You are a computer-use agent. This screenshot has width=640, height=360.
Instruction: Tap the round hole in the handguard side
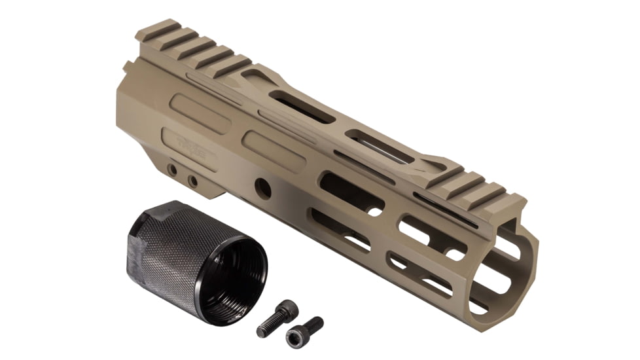263,187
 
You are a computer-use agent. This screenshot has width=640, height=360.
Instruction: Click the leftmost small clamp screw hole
172,170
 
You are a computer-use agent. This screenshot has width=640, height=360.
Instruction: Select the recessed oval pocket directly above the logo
200,113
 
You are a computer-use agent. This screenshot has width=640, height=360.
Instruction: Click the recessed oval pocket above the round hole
275,151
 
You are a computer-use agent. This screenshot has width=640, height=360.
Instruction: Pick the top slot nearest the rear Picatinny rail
301,106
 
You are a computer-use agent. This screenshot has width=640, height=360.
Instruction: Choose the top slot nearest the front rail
380,145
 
